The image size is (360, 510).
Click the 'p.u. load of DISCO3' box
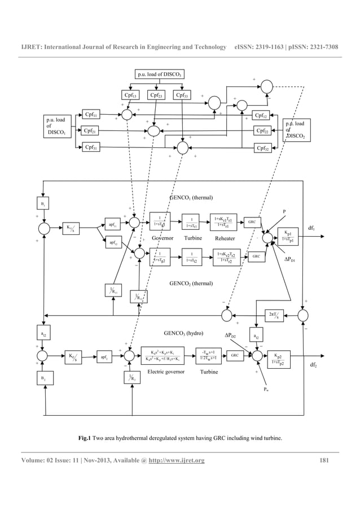tap(160, 74)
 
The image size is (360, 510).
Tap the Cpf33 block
tap(182, 95)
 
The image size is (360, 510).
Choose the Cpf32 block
tap(262, 148)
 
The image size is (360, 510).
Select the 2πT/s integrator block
tap(276, 315)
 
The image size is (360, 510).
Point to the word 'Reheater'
tap(225, 239)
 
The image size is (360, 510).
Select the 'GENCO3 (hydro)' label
tap(183, 333)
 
